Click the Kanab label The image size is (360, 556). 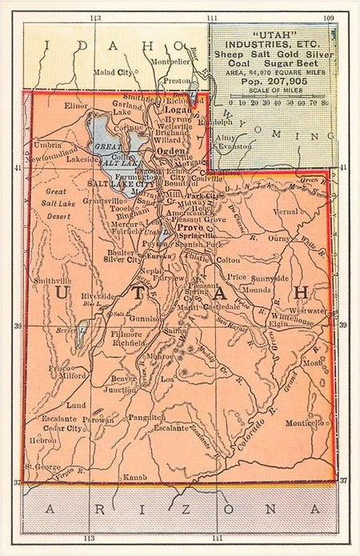(134, 477)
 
